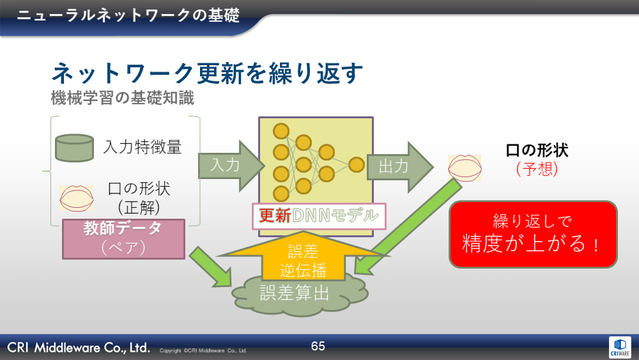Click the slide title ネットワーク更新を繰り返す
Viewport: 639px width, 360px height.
point(207,74)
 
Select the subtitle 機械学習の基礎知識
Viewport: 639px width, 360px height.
point(122,99)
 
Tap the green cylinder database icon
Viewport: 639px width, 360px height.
point(74,147)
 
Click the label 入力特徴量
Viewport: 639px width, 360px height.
point(142,147)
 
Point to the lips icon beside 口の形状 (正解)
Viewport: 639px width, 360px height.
point(77,197)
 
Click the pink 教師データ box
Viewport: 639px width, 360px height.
point(123,239)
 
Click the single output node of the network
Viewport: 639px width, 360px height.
point(357,164)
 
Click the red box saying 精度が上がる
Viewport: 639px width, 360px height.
point(533,234)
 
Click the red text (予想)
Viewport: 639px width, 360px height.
point(536,169)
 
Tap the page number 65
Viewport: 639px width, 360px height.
point(318,347)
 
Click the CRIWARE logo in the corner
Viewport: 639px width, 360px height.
point(619,346)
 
